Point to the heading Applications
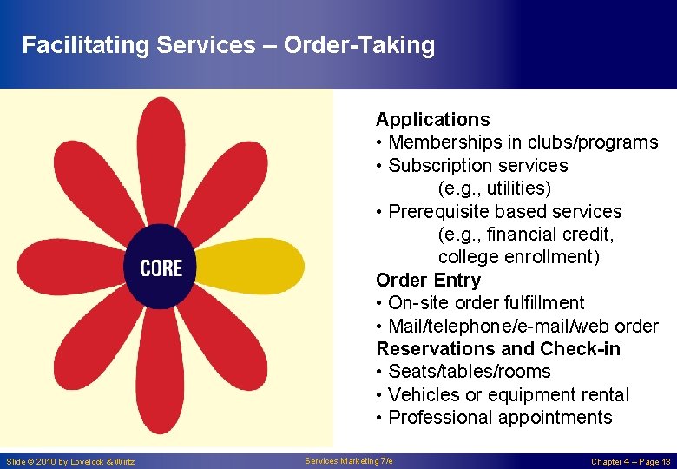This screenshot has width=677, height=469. tap(432, 120)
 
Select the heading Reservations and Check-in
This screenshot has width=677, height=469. tap(498, 348)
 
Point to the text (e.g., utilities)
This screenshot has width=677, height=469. tap(495, 188)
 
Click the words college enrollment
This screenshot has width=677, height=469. tap(518, 257)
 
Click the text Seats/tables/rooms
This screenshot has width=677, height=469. tap(469, 371)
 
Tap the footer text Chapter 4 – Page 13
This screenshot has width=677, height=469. tap(630, 461)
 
